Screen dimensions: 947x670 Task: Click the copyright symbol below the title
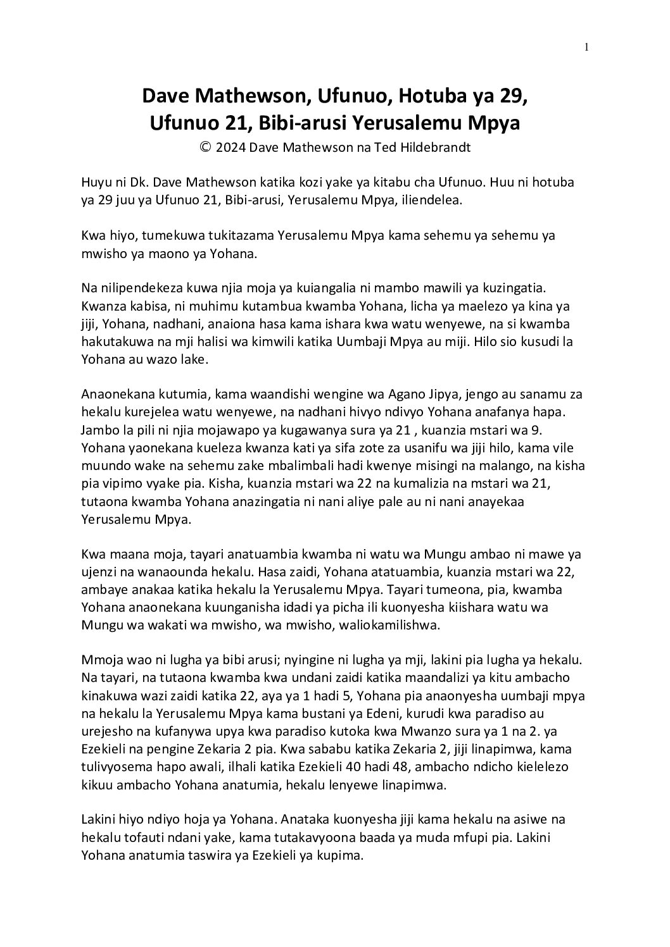pyautogui.click(x=205, y=147)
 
